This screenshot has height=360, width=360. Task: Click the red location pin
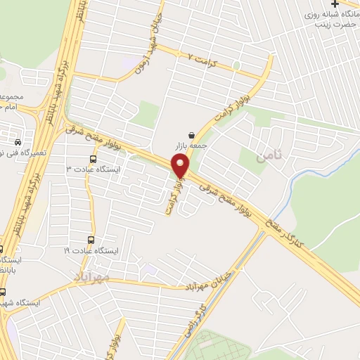pyautogui.click(x=181, y=167)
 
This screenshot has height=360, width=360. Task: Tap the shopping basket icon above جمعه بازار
pyautogui.click(x=192, y=134)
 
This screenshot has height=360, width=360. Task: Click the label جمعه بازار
pyautogui.click(x=192, y=146)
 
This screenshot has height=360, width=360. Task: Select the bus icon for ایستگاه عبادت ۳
pyautogui.click(x=92, y=157)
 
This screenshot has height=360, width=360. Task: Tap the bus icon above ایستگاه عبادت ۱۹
pyautogui.click(x=92, y=240)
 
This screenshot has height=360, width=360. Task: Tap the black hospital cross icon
pyautogui.click(x=334, y=4)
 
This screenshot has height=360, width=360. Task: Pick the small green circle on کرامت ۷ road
pyautogui.click(x=236, y=66)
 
